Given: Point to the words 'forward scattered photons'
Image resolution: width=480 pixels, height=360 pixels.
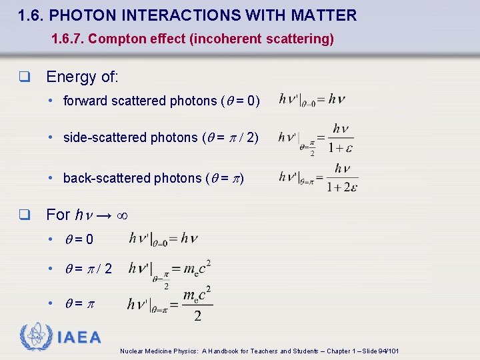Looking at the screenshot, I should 140,101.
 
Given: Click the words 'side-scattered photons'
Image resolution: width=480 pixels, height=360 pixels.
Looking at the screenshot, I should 131,138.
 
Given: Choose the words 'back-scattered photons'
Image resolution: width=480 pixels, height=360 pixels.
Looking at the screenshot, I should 131,178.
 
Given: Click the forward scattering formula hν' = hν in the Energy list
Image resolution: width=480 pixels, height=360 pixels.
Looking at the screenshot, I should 312,100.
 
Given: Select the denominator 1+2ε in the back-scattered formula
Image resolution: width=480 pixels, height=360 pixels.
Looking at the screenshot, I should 342,187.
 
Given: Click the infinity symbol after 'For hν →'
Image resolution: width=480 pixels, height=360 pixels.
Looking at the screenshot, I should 121,215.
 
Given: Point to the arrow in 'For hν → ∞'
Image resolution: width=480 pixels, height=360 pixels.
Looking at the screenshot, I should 103,215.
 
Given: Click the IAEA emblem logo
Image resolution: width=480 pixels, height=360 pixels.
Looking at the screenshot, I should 35,337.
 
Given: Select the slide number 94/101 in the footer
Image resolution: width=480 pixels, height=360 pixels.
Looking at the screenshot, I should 387,351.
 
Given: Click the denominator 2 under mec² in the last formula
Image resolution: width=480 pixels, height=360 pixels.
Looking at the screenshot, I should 197,315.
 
